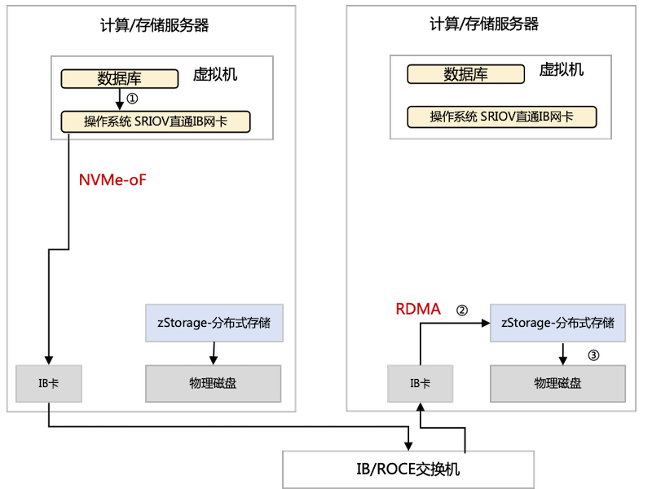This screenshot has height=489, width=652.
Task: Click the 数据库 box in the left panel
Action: tap(120, 79)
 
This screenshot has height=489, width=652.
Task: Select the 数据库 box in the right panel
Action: tap(466, 75)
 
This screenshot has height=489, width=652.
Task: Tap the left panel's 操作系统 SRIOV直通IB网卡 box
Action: tap(156, 122)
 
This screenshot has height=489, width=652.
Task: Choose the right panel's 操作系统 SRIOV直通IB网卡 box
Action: tap(501, 117)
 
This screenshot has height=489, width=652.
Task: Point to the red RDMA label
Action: tap(418, 310)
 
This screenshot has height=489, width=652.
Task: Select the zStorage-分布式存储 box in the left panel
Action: tap(214, 323)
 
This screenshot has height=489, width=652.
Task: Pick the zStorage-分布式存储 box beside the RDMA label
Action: tap(559, 323)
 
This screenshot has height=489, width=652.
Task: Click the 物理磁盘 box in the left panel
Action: tap(213, 383)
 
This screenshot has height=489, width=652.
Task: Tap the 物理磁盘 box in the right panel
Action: tap(558, 383)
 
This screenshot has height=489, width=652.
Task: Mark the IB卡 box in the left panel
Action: tap(49, 383)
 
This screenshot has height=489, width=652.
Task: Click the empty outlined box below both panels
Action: tap(408, 469)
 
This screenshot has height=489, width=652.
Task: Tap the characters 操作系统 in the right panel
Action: tap(453, 117)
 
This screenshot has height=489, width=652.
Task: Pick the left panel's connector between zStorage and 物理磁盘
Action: tap(214, 354)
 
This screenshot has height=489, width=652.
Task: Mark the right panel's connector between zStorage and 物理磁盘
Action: tap(560, 354)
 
